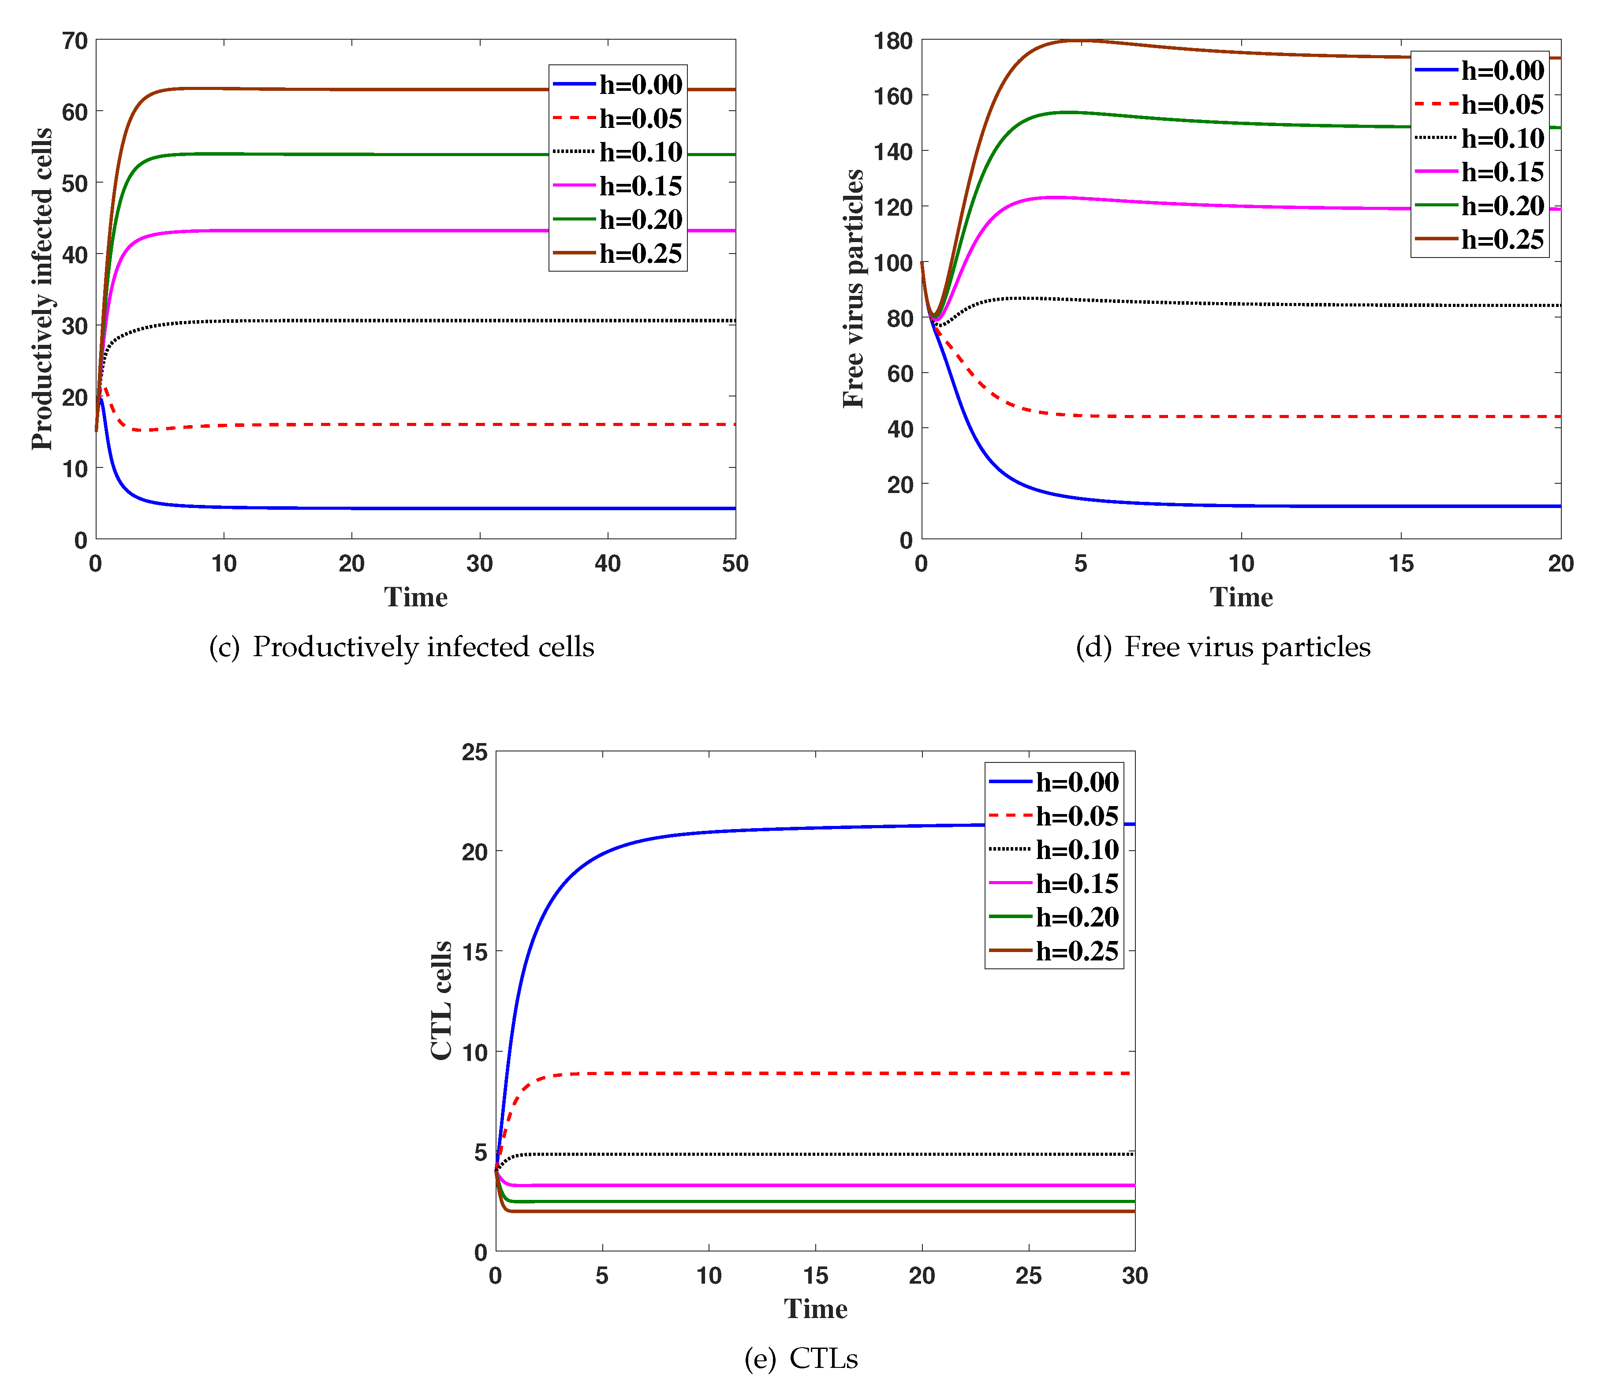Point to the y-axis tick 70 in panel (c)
[75, 41]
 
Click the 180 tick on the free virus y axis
[893, 41]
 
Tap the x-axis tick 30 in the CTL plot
[1134, 1276]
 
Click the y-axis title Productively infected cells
[41, 288]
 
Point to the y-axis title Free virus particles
[854, 288]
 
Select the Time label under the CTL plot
[815, 1309]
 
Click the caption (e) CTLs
[801, 1359]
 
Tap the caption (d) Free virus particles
[1222, 647]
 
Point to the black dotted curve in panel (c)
[468, 321]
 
